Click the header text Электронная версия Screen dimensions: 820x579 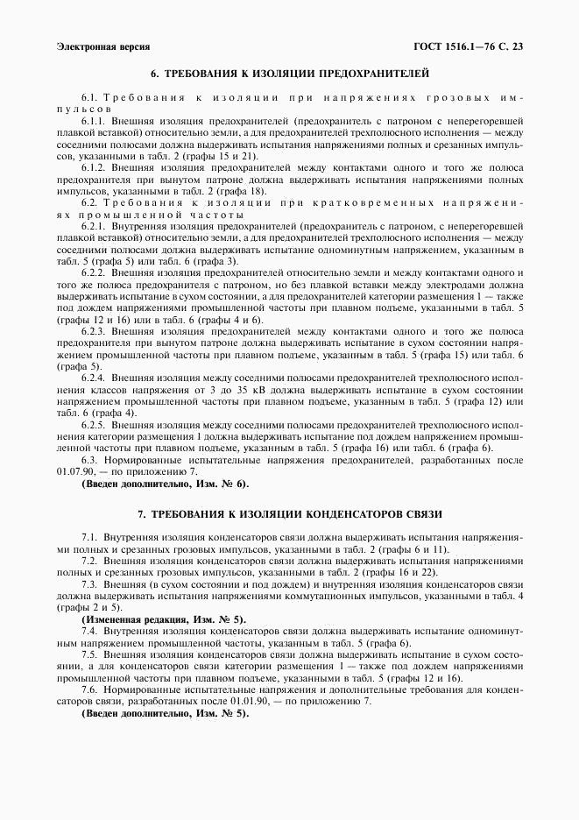point(102,46)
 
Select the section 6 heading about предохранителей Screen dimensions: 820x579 point(289,74)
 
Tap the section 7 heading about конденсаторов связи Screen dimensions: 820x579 point(289,512)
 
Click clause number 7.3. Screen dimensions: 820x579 point(89,583)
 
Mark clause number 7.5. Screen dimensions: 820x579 point(89,654)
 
